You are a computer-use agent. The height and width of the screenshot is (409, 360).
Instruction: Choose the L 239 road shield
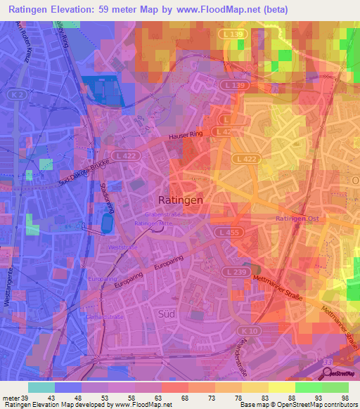[x=233, y=270]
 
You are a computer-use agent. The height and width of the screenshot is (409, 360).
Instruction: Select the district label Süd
[x=167, y=313]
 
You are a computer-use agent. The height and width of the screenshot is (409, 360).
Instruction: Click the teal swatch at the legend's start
[x=41, y=388]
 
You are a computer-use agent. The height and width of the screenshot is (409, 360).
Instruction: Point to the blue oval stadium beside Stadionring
[x=107, y=224]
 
